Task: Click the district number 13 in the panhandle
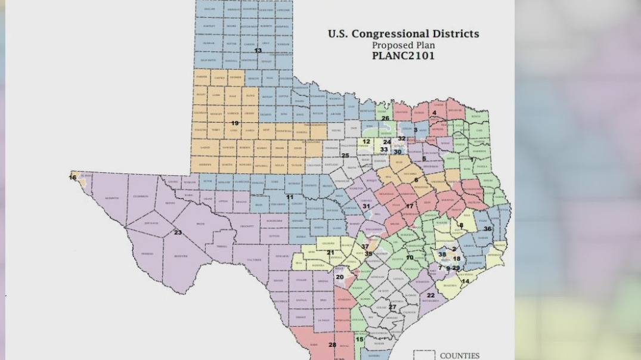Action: [258, 51]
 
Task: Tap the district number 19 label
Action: [235, 123]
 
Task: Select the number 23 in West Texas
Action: [178, 232]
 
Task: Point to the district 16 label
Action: [73, 177]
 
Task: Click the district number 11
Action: [290, 197]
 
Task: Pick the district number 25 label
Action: [345, 156]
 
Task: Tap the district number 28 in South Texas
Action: [332, 345]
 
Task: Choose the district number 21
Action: [330, 253]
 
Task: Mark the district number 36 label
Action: [488, 229]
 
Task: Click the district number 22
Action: [431, 295]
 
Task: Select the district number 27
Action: [392, 308]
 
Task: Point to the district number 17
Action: [410, 206]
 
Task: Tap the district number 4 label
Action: [434, 113]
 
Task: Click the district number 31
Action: [367, 206]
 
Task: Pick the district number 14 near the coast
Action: [465, 281]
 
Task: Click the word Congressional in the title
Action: [425, 34]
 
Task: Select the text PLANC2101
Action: [403, 56]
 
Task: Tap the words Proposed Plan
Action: [403, 45]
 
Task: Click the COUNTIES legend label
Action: [459, 356]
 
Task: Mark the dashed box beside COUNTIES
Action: [424, 355]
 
